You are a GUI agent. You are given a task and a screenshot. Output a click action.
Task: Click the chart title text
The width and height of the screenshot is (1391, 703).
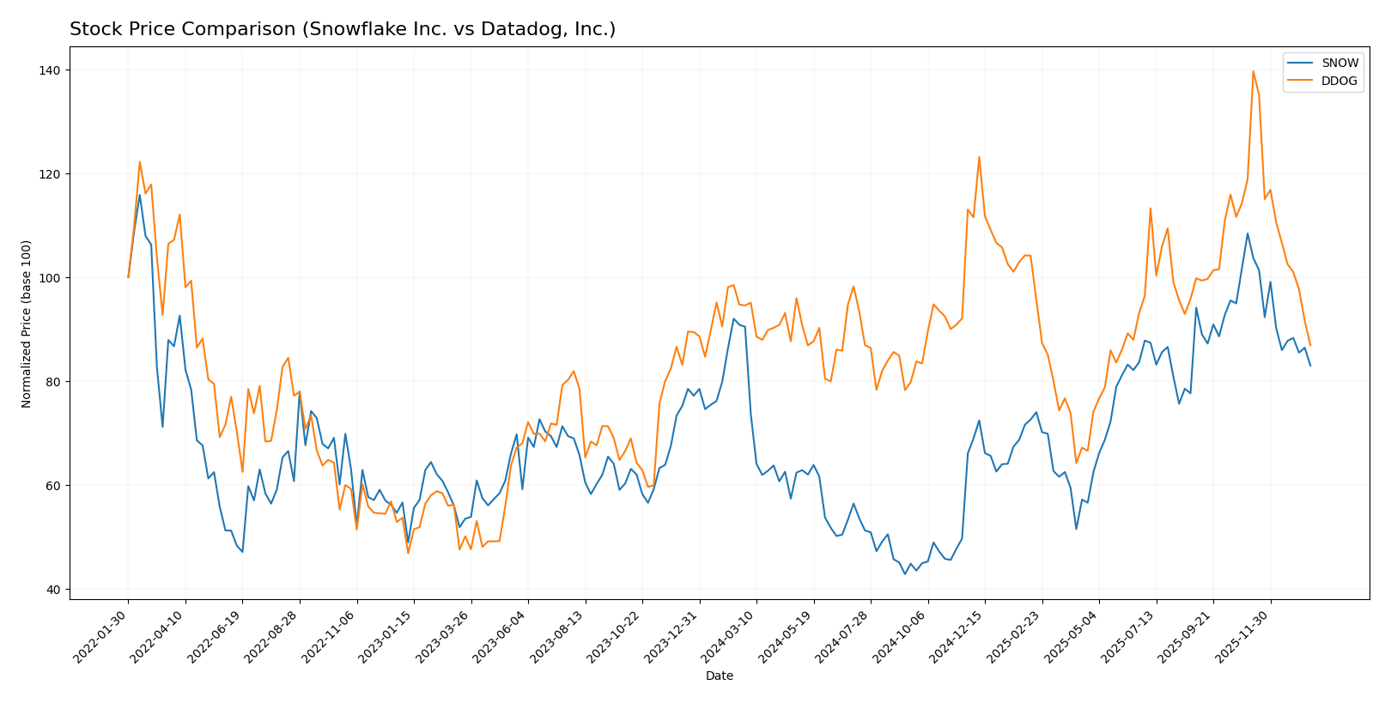pyautogui.click(x=342, y=29)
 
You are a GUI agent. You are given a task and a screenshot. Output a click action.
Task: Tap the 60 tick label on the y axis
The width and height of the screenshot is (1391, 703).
pyautogui.click(x=53, y=485)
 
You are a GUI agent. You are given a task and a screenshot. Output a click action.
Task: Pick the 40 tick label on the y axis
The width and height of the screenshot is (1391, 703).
pyautogui.click(x=53, y=589)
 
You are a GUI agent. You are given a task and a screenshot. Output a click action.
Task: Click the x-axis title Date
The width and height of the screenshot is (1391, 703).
pyautogui.click(x=719, y=676)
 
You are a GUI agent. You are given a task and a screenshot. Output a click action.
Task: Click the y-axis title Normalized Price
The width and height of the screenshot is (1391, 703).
pyautogui.click(x=27, y=324)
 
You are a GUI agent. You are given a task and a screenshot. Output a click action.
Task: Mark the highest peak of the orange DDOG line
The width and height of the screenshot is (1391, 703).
pyautogui.click(x=1253, y=71)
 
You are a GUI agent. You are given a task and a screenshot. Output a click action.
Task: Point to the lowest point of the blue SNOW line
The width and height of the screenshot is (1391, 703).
pyautogui.click(x=904, y=573)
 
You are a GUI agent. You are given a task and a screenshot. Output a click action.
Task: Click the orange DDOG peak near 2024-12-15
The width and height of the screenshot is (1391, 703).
pyautogui.click(x=979, y=157)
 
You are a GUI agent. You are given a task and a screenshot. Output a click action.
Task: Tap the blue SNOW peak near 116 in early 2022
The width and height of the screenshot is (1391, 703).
pyautogui.click(x=140, y=195)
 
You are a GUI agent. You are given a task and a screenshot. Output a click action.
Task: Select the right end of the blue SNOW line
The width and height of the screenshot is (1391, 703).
pyautogui.click(x=1310, y=366)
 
